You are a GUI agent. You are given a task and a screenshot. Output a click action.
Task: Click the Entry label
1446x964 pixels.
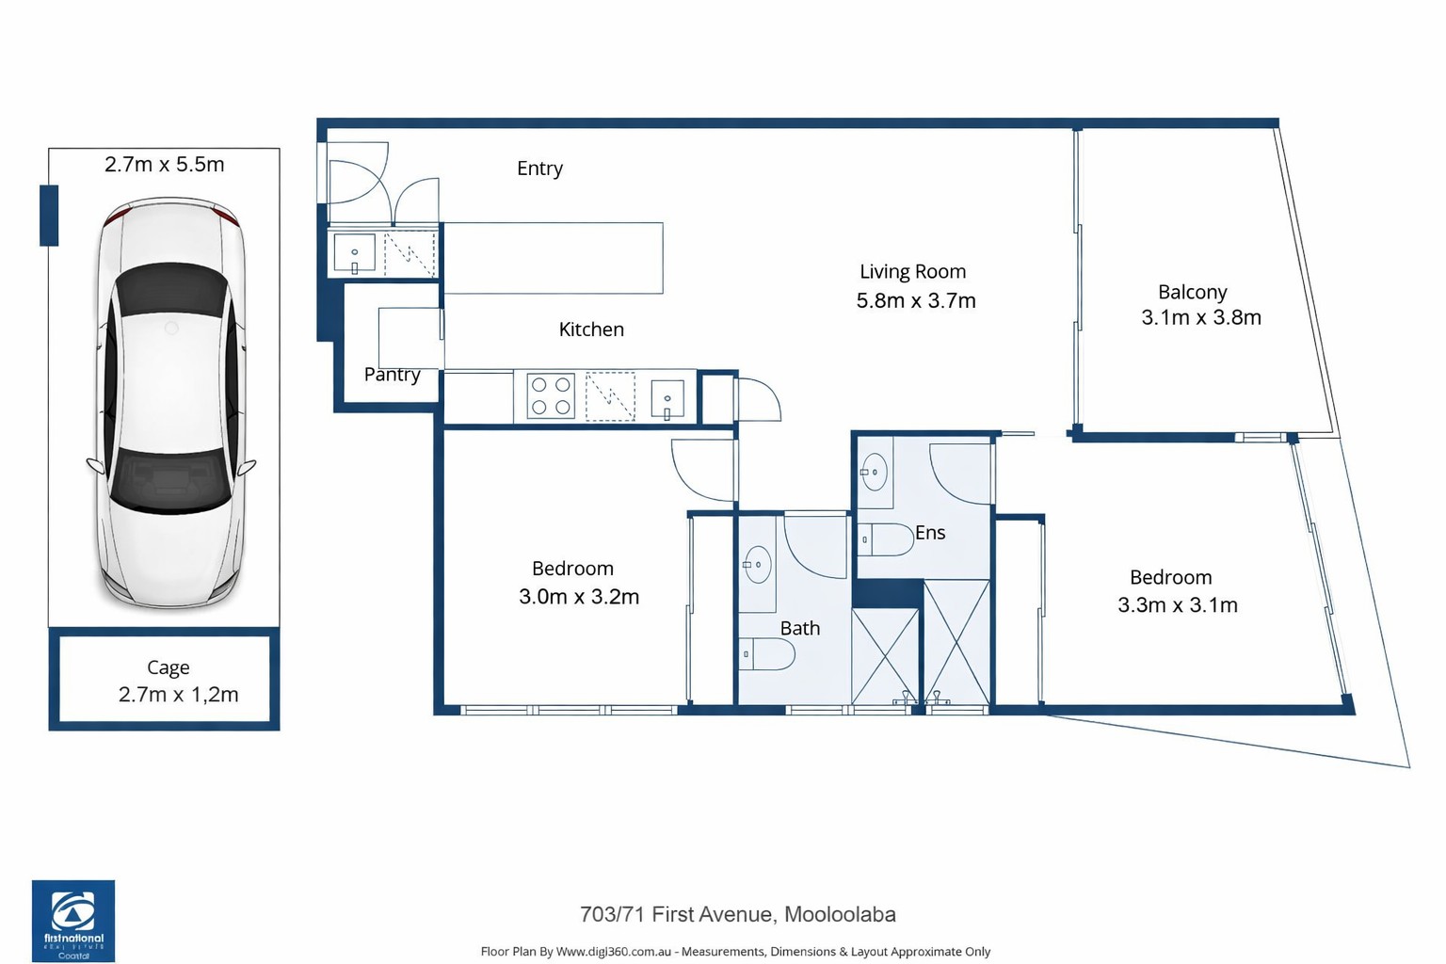[x=539, y=169]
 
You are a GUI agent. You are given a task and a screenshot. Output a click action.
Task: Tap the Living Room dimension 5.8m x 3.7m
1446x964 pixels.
[x=915, y=301]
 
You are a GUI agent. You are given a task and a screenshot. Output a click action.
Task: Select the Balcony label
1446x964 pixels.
[x=1193, y=293]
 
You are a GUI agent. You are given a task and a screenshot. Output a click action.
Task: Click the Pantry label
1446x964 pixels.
[x=392, y=375]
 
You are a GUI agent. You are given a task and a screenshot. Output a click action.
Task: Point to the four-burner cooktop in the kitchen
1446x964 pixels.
[x=551, y=395]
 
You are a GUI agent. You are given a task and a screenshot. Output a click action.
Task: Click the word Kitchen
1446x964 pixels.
[x=591, y=329]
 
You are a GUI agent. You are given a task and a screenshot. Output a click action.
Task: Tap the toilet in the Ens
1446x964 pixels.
[x=886, y=539]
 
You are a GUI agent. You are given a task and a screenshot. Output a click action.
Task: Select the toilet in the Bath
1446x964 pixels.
[x=767, y=654]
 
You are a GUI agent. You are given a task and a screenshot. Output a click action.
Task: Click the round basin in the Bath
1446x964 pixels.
[x=758, y=564]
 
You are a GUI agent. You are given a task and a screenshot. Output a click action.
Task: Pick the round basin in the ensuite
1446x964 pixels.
[x=875, y=472]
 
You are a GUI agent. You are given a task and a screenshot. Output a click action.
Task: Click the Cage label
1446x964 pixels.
[x=168, y=667]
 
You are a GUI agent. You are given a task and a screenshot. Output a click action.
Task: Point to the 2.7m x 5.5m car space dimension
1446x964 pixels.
[x=165, y=165]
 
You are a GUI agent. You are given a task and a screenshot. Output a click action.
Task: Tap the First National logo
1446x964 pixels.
[x=73, y=921]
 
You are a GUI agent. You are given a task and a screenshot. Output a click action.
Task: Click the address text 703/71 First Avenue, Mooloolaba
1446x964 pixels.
[x=738, y=915]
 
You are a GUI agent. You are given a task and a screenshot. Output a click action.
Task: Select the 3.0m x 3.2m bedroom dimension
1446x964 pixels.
[x=579, y=597]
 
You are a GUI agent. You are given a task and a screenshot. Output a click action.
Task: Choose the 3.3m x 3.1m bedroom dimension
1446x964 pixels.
[x=1178, y=605]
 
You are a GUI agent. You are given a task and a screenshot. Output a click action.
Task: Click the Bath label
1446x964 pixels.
[x=800, y=628]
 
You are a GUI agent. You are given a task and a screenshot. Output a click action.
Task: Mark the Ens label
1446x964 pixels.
[x=930, y=533]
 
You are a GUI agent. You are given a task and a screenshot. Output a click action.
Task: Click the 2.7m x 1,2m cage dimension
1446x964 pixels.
[x=178, y=695]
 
